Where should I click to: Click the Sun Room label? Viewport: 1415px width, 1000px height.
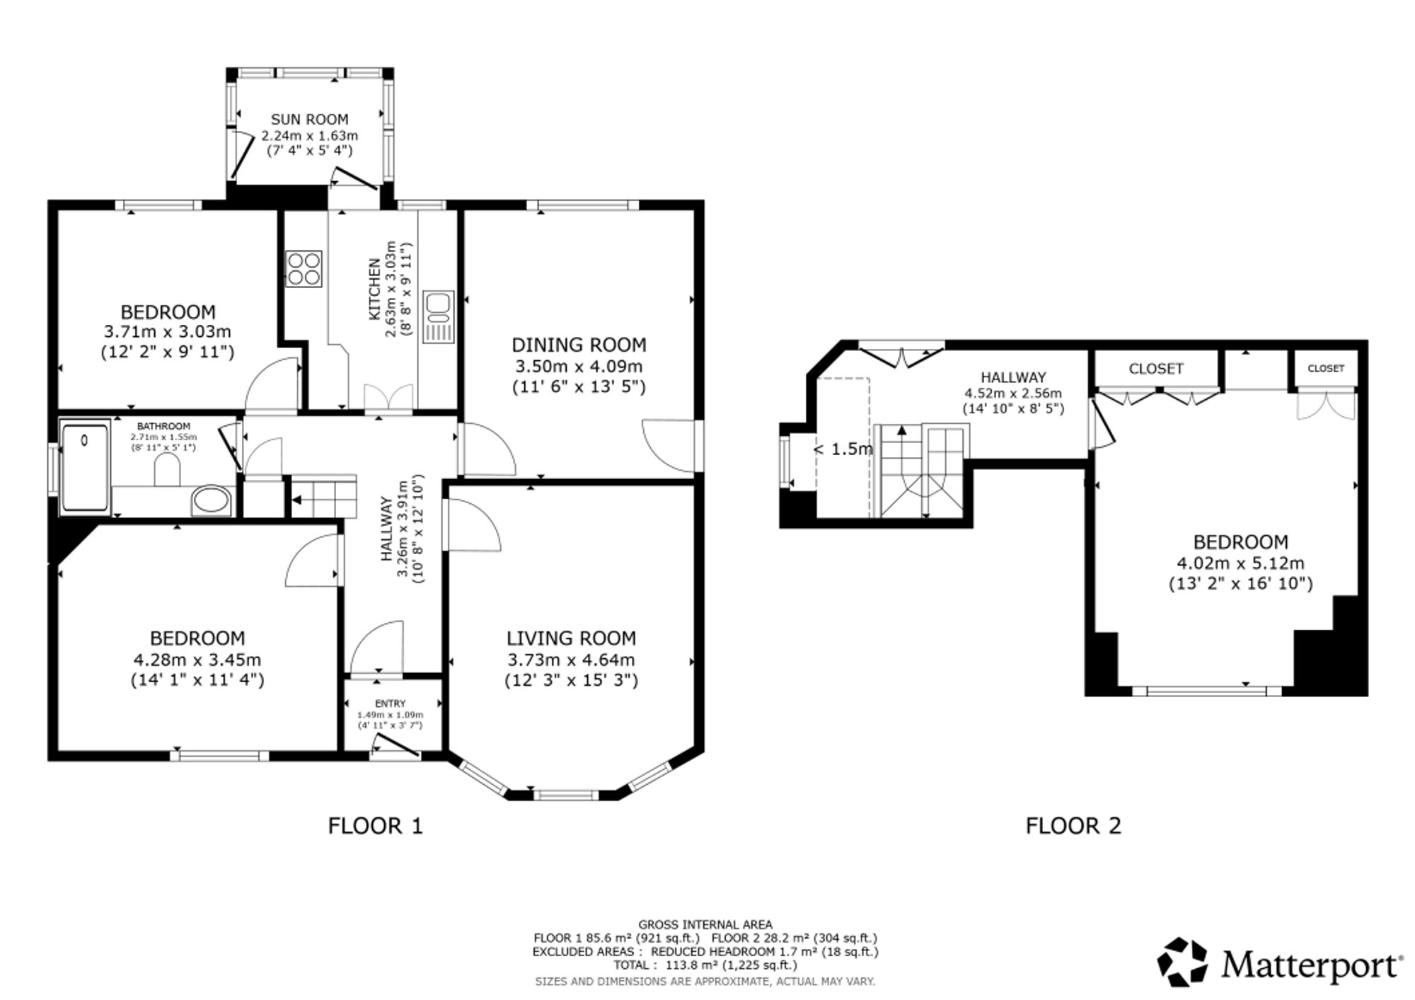click(309, 120)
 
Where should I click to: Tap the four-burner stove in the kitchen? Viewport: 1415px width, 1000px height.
click(304, 269)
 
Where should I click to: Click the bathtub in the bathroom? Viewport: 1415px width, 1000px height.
click(85, 466)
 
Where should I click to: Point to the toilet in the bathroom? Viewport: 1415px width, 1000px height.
click(167, 470)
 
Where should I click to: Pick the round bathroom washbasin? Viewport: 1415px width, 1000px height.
click(210, 500)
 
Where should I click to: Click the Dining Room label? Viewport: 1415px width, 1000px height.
click(579, 345)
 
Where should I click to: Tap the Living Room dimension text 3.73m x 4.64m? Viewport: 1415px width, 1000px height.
click(571, 660)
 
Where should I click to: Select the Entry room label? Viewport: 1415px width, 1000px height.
click(391, 703)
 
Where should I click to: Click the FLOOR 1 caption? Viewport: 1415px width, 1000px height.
click(375, 825)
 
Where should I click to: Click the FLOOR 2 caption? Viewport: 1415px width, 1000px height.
click(1073, 825)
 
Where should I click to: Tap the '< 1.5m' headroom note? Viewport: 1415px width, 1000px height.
click(844, 449)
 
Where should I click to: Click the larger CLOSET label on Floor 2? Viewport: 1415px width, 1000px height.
click(1156, 369)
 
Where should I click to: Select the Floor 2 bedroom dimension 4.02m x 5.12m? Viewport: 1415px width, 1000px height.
click(1240, 564)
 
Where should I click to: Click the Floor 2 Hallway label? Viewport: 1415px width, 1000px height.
click(1013, 378)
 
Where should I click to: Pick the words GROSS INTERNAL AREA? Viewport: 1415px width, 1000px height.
click(705, 924)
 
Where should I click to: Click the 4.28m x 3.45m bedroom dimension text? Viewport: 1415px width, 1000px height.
click(197, 660)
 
